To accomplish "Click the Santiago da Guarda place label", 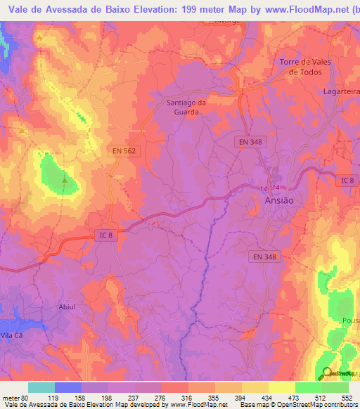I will [186, 107].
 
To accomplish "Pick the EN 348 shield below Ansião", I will [265, 257].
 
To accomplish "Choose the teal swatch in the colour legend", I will [41, 387].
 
